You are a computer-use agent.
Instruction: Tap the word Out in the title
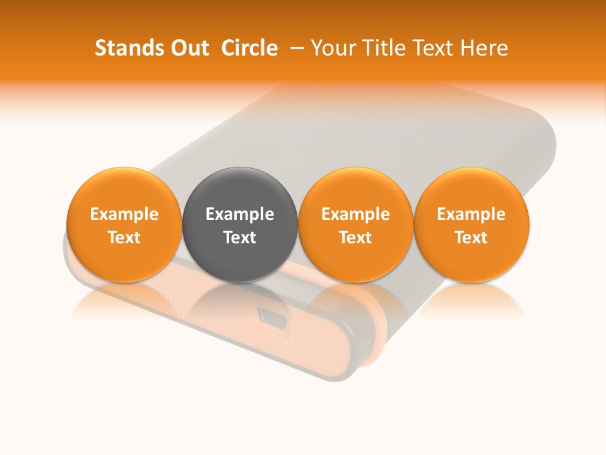(x=190, y=48)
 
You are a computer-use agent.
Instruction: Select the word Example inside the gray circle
(x=240, y=214)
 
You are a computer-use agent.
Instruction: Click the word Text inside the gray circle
(x=240, y=238)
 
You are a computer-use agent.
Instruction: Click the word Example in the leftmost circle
(x=124, y=214)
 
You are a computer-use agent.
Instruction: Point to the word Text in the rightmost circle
(x=472, y=238)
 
